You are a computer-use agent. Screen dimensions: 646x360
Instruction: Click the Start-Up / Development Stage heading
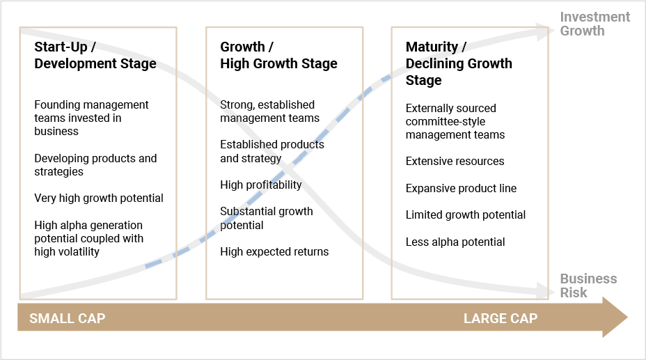(x=95, y=55)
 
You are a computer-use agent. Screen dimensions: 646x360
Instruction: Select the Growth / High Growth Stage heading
(x=278, y=55)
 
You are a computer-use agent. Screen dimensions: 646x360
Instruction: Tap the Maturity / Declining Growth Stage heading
(x=459, y=63)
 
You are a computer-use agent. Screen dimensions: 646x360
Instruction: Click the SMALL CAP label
(x=67, y=318)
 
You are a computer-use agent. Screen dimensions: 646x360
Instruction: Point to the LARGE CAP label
(x=501, y=318)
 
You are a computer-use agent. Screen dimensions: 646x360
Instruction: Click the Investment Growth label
(x=595, y=24)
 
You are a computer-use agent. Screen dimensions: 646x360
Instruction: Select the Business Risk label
(x=588, y=285)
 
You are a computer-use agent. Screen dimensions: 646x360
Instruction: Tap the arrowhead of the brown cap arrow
(x=615, y=317)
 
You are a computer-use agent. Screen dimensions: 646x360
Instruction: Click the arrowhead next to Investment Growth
(x=542, y=32)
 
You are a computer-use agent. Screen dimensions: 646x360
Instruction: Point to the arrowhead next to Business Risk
(x=542, y=290)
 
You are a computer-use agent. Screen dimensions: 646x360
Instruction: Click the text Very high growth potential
(x=99, y=198)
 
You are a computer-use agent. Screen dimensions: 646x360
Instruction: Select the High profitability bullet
(x=261, y=185)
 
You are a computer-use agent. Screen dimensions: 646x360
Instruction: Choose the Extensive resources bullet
(x=455, y=161)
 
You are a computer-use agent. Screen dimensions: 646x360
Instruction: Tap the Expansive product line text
(x=461, y=188)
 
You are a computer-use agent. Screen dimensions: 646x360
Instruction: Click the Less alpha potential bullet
(x=455, y=242)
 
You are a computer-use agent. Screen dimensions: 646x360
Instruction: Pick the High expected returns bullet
(x=274, y=251)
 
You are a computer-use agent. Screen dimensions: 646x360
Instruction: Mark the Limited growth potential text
(x=466, y=215)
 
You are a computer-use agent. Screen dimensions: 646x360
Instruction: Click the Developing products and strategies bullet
(x=95, y=165)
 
